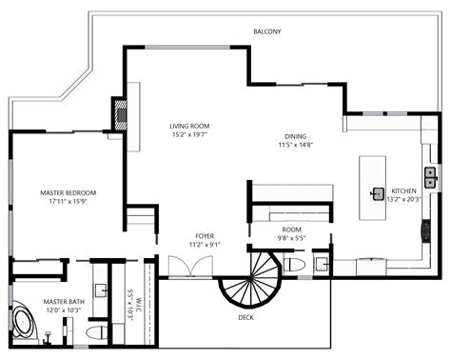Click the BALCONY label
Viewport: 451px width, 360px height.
(267, 32)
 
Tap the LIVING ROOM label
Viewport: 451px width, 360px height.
(189, 126)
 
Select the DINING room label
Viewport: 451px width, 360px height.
(295, 135)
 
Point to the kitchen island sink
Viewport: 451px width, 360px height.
(378, 193)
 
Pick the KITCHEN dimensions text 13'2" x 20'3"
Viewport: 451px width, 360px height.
(403, 200)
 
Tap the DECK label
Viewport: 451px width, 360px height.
(245, 317)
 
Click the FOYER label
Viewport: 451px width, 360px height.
(205, 235)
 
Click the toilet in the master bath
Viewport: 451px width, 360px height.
(93, 331)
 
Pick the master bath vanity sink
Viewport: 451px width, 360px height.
(102, 288)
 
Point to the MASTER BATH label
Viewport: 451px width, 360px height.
(62, 301)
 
